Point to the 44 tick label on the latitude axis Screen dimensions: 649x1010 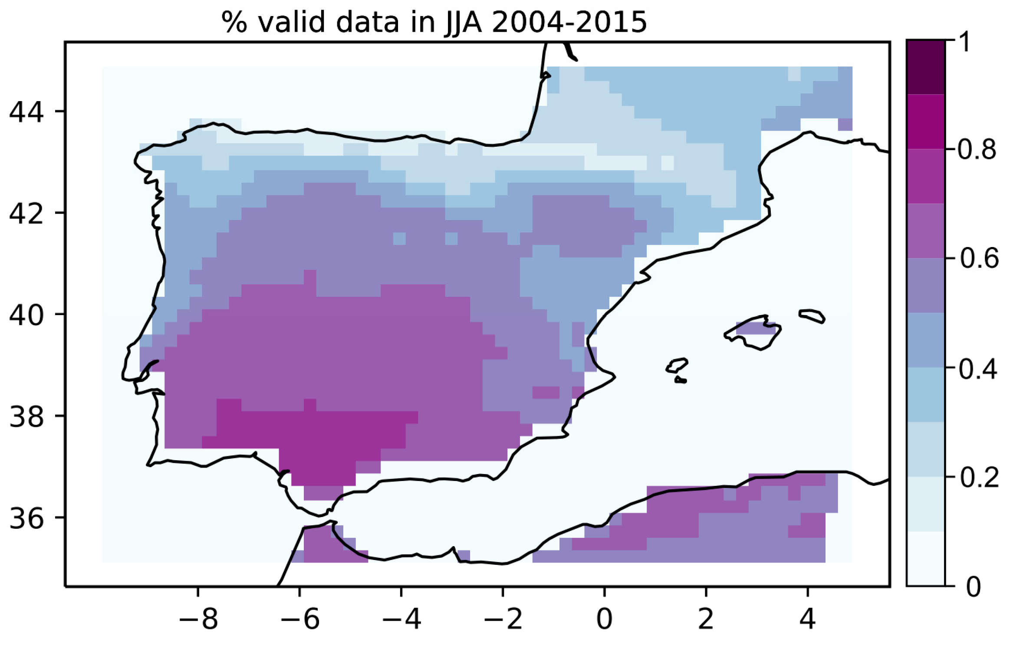[x=26, y=112]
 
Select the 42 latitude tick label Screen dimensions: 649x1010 [x=26, y=213]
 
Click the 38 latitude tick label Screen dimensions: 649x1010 [x=26, y=416]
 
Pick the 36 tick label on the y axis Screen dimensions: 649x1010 [x=26, y=518]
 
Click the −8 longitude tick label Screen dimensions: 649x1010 [x=198, y=619]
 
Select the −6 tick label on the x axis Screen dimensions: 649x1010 [x=300, y=619]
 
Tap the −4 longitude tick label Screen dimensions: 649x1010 [x=401, y=619]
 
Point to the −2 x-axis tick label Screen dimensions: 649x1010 [x=503, y=619]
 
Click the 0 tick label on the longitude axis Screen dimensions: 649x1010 [x=605, y=619]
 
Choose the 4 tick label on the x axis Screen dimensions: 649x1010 [x=808, y=619]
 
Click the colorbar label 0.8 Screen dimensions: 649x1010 [x=977, y=150]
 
